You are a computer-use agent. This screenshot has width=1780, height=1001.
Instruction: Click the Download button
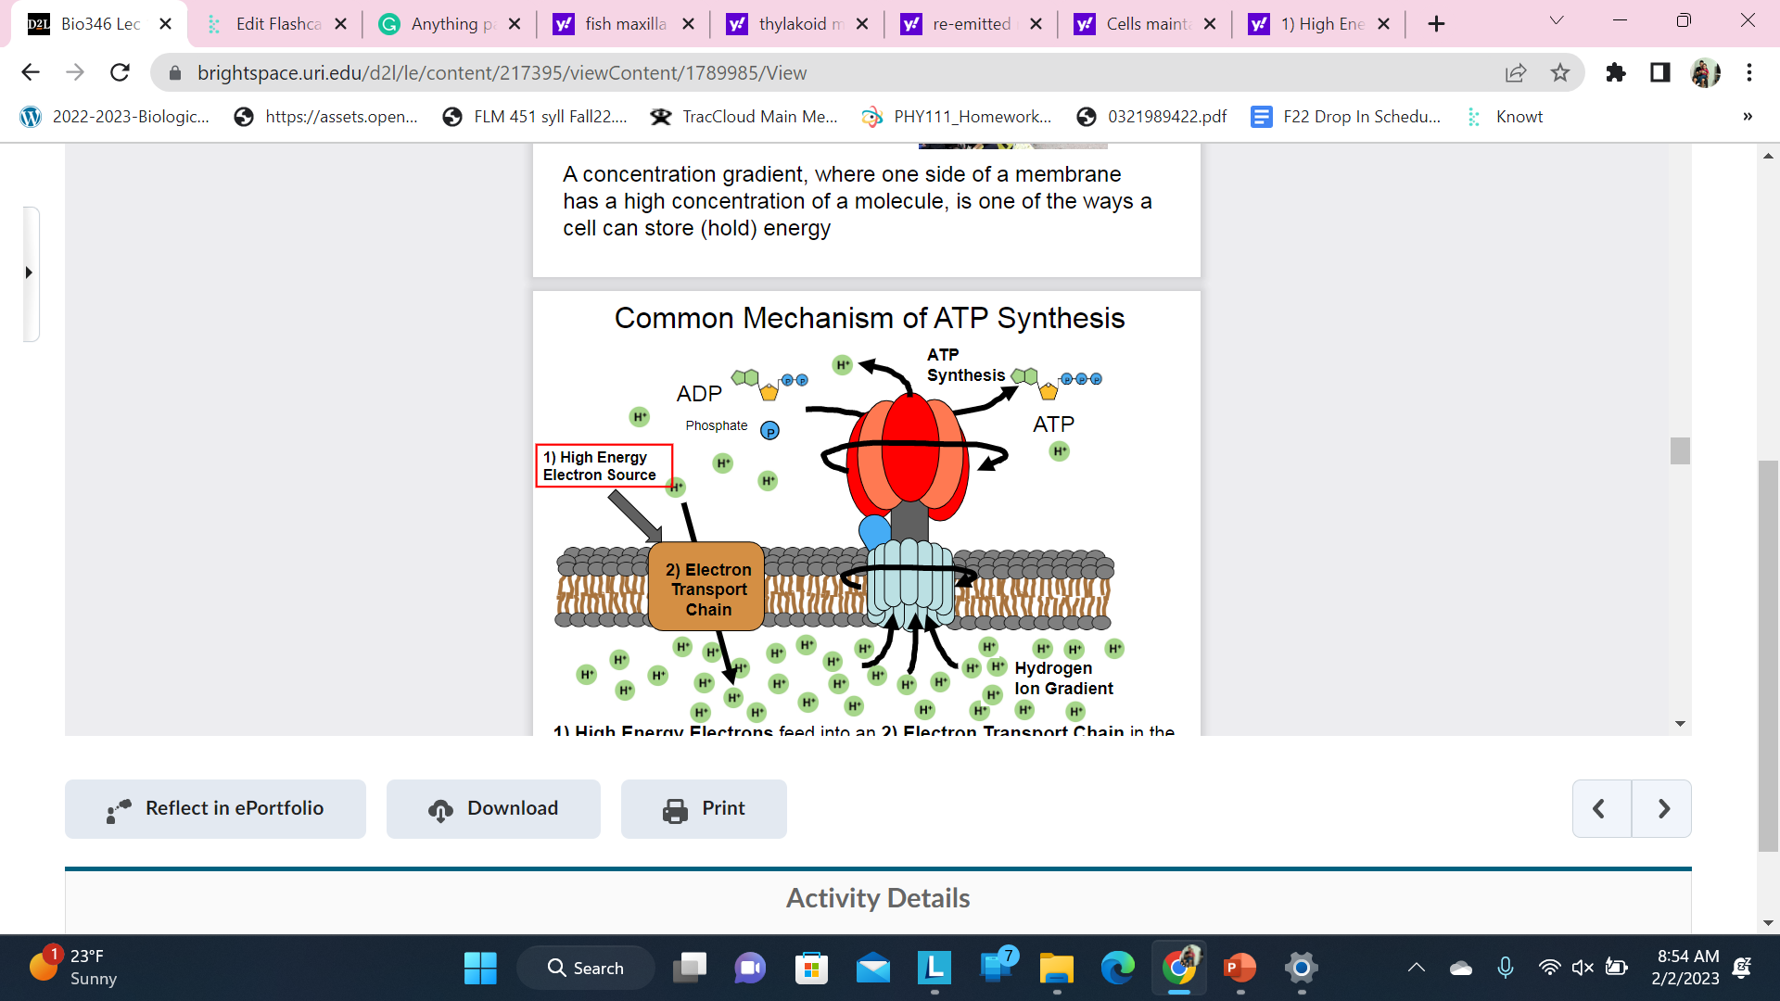click(493, 808)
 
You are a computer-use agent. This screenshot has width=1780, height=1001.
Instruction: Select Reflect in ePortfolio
click(215, 808)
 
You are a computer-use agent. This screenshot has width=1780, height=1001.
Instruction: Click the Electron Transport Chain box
click(707, 589)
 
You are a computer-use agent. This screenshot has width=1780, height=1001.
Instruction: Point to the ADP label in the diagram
click(699, 394)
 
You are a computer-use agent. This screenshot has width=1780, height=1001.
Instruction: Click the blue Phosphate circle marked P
click(769, 431)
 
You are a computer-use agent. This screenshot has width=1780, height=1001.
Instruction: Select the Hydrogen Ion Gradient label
click(1062, 678)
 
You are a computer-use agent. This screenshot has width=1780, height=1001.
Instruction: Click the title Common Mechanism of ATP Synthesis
click(869, 318)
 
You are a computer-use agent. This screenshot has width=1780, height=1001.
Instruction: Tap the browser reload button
click(120, 72)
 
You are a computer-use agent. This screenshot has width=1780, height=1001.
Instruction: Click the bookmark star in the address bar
click(1560, 72)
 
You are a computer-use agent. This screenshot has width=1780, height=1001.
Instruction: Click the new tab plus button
click(1436, 24)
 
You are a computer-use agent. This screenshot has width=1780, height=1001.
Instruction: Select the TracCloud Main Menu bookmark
click(744, 117)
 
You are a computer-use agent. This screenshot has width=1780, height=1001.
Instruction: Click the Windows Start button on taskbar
click(480, 968)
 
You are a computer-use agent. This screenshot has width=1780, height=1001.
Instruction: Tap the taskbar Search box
click(586, 968)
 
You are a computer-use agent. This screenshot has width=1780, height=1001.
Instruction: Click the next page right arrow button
click(1662, 808)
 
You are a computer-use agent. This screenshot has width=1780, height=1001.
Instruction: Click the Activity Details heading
click(877, 897)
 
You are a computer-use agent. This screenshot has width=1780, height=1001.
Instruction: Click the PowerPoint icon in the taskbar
click(1240, 968)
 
